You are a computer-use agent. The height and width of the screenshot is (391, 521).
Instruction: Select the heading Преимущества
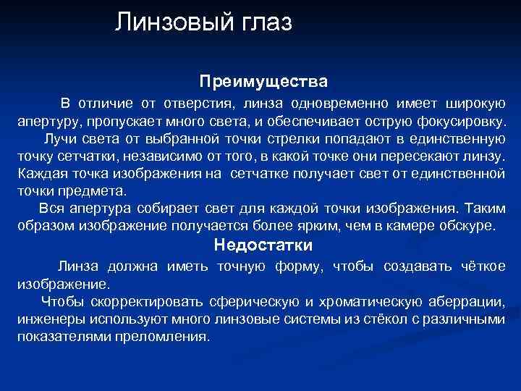click(263, 77)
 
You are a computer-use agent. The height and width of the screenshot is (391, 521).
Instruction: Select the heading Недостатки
click(263, 245)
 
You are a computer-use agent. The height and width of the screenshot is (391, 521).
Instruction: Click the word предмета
click(93, 191)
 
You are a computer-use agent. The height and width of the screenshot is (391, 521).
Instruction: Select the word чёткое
click(483, 266)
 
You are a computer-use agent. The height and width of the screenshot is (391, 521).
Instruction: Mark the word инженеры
click(46, 319)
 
